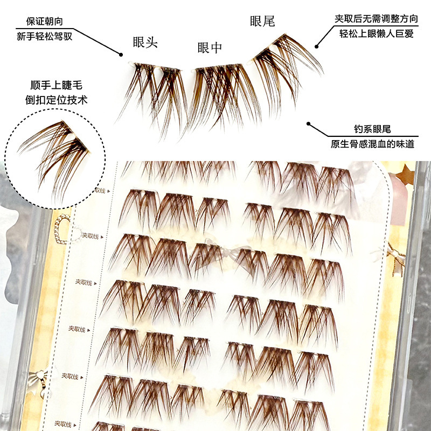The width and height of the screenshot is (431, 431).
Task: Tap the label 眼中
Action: click(x=210, y=47)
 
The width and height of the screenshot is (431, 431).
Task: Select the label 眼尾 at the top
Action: click(x=262, y=22)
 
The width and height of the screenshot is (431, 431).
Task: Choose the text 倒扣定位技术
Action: click(x=56, y=100)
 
